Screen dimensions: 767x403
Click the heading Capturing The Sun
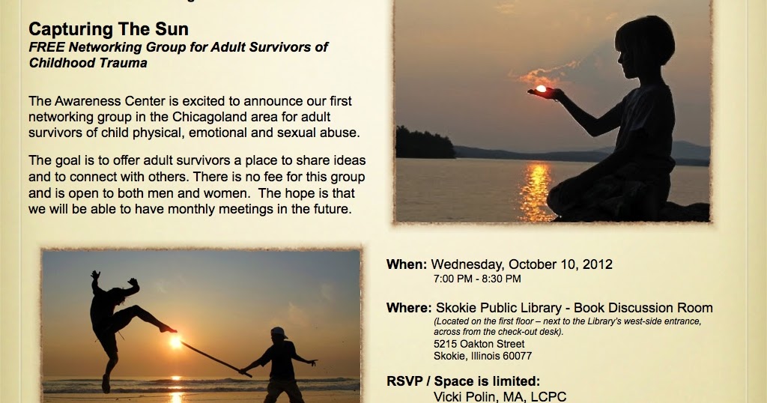tap(109, 29)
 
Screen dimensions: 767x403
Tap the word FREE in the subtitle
tap(47, 47)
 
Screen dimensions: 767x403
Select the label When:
tap(407, 264)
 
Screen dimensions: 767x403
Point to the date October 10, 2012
tap(560, 264)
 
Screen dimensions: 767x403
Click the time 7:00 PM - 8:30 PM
tap(477, 279)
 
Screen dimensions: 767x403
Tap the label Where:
tap(409, 308)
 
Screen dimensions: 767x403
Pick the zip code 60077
tap(517, 356)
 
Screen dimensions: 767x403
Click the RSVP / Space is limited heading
tap(463, 381)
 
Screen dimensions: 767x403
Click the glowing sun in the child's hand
tap(541, 88)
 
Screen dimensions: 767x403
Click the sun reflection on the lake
tap(536, 191)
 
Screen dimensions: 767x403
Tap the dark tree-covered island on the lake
tap(425, 143)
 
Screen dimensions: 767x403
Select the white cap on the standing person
tap(279, 333)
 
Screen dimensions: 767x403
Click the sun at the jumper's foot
tap(175, 341)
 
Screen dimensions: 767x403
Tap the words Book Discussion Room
tap(643, 308)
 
